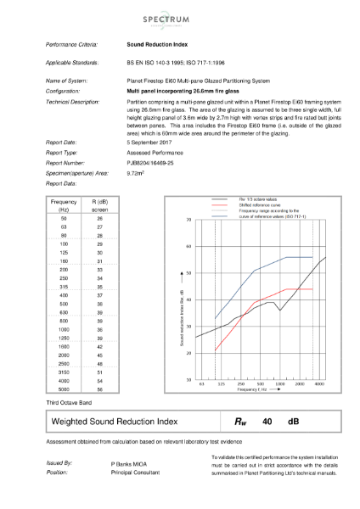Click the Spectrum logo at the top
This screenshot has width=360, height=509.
(179, 15)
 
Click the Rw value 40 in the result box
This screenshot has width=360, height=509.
(267, 420)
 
